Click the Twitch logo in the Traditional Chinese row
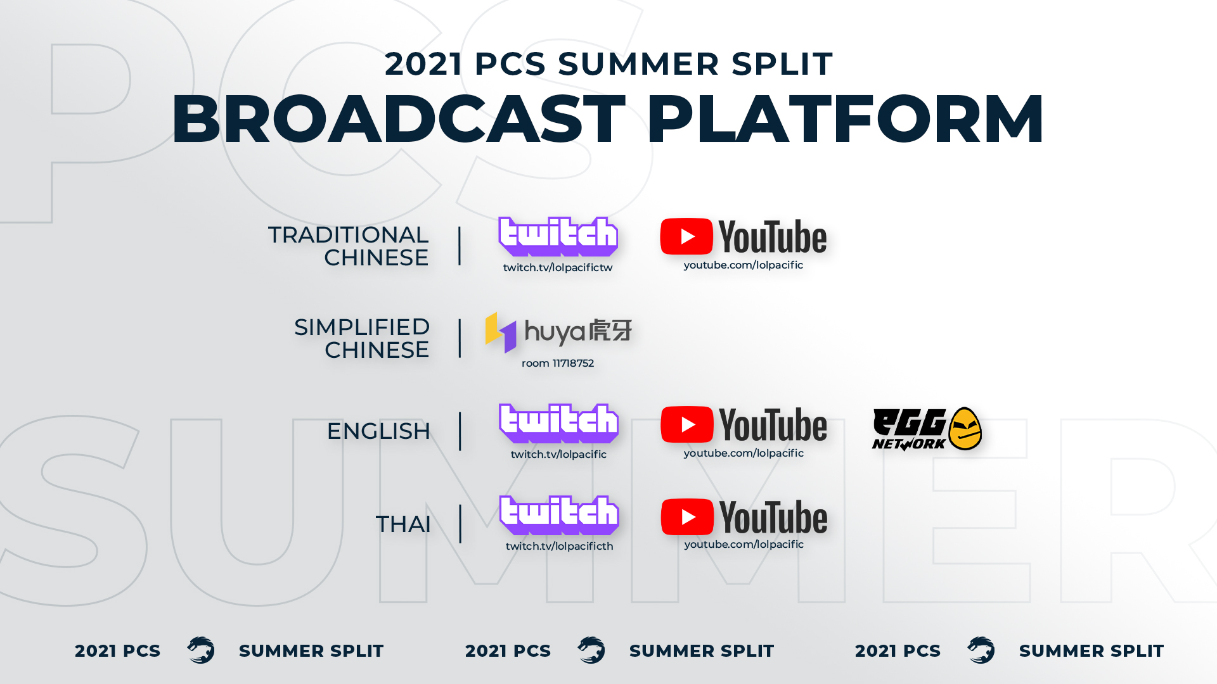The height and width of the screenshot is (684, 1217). pos(558,236)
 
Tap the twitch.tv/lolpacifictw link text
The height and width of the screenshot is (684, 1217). pos(558,267)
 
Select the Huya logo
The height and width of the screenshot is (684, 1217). pos(558,332)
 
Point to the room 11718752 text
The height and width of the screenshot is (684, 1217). pos(558,363)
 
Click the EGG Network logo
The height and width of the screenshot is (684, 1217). pos(927,429)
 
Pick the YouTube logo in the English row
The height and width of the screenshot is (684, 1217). pos(744,424)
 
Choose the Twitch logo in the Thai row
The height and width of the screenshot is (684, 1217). pos(559,515)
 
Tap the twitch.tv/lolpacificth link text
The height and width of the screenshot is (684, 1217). pos(559,546)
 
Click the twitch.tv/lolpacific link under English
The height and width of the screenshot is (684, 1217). pos(558,454)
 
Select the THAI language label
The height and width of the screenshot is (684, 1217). pos(403,524)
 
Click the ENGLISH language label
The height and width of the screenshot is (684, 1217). pos(378,431)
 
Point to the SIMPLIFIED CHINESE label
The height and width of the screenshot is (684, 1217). pos(362,338)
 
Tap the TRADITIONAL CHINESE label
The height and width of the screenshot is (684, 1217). pos(348,246)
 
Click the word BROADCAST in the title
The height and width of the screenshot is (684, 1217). pos(399,119)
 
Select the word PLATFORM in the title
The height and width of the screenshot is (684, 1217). pos(845,119)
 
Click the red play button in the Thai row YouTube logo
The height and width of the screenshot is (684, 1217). pos(687,517)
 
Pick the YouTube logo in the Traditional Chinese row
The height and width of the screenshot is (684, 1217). pos(744,237)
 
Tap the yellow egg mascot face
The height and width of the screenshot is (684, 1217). pos(965,429)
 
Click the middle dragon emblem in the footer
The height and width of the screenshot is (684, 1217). pos(591,650)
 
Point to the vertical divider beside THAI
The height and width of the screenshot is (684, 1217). pos(460,524)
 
